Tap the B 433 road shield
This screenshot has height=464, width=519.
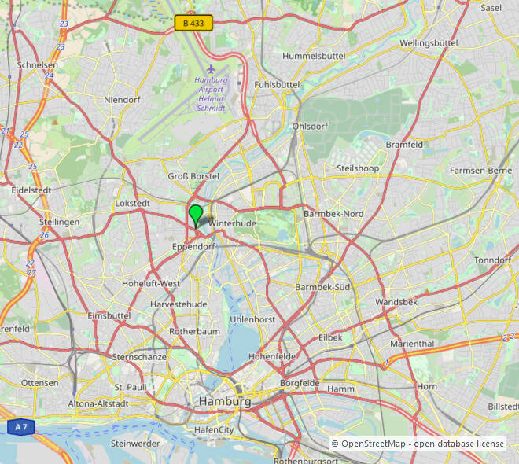click(193, 24)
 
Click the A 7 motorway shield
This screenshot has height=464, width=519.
click(21, 427)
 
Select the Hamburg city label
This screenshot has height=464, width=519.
click(225, 401)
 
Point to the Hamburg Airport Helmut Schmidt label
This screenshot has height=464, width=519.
click(212, 94)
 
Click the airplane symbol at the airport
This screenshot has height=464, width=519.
click(211, 68)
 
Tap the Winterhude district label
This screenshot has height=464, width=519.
click(233, 223)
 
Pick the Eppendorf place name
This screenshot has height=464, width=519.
click(193, 247)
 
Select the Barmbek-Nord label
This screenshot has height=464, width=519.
click(333, 214)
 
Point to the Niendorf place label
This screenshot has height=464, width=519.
click(122, 100)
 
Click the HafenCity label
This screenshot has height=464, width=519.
click(214, 430)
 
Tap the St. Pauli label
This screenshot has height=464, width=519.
click(131, 388)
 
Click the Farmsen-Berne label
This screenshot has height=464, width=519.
click(480, 171)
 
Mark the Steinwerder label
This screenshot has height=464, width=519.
click(135, 443)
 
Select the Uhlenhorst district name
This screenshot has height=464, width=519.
click(252, 319)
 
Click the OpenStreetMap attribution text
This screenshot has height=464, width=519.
click(418, 444)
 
